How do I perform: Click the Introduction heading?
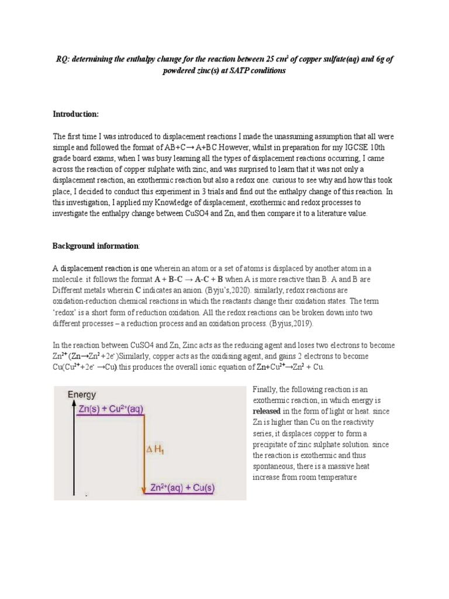(x=76, y=113)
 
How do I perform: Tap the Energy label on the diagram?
(x=82, y=395)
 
